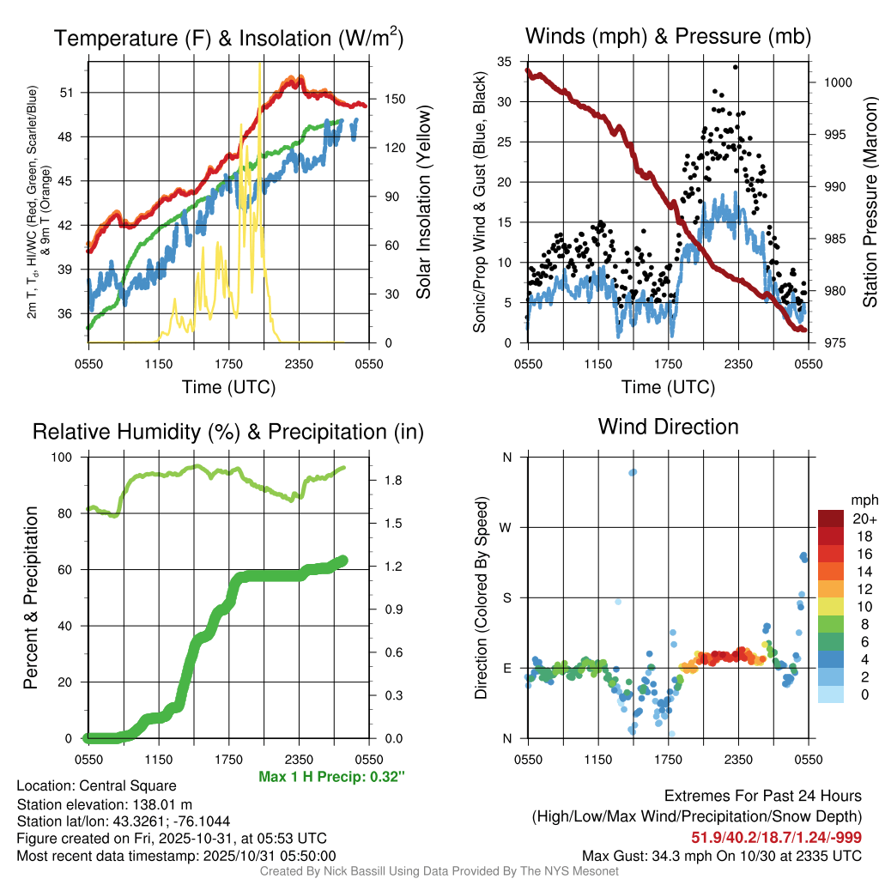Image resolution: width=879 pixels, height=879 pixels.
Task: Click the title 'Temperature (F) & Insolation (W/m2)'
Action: tap(228, 38)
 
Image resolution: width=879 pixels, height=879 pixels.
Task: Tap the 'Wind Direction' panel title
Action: tap(668, 427)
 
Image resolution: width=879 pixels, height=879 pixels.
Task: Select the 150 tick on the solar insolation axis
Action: tap(385, 99)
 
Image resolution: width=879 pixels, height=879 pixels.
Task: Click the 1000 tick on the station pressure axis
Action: tap(836, 82)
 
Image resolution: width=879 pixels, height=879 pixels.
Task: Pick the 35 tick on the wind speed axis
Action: tap(507, 61)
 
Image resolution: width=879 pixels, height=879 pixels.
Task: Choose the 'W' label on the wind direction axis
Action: tap(507, 528)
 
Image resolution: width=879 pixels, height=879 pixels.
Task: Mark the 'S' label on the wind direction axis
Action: tap(507, 597)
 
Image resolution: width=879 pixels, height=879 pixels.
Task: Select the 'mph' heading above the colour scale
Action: tap(863, 500)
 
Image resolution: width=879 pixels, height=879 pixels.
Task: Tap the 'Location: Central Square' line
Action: tap(96, 786)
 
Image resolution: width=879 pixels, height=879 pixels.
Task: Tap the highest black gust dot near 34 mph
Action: tap(736, 67)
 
